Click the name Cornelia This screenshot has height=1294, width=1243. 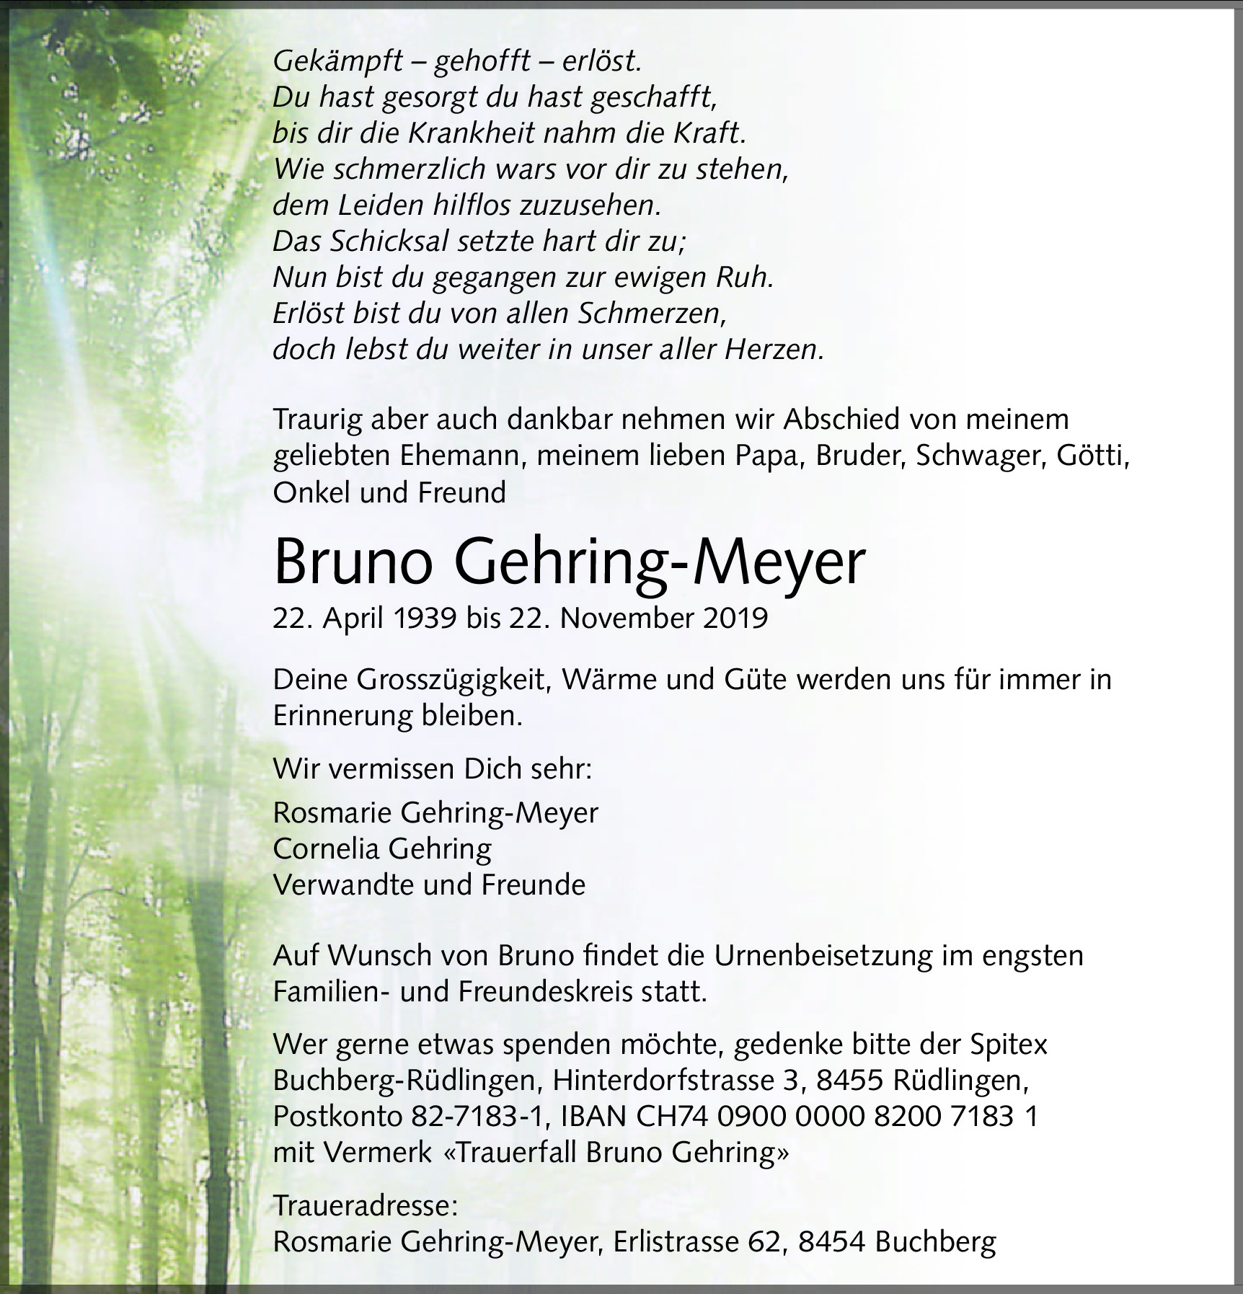pos(326,848)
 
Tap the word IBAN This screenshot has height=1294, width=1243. pos(592,1117)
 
